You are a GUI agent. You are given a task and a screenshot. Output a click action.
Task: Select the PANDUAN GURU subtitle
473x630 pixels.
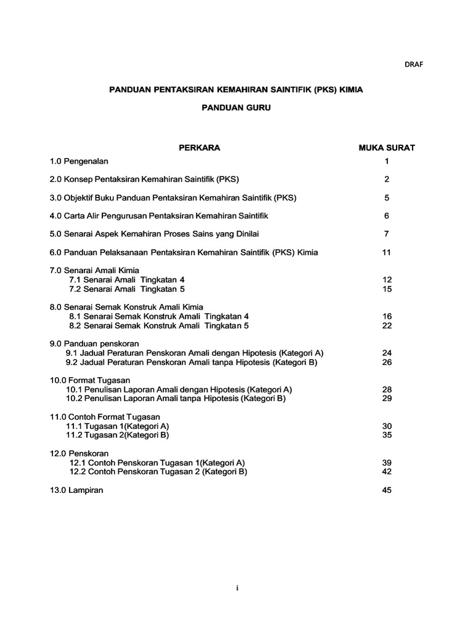tap(236, 108)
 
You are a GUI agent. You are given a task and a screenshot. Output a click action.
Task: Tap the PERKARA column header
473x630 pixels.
tap(200, 148)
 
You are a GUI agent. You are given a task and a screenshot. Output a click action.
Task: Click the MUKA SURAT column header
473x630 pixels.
tap(387, 148)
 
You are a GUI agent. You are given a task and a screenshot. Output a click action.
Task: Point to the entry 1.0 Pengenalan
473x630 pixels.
tap(79, 161)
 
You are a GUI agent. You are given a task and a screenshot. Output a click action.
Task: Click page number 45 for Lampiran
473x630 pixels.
tap(387, 490)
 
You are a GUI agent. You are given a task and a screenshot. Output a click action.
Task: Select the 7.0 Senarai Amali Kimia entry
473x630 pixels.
tap(94, 270)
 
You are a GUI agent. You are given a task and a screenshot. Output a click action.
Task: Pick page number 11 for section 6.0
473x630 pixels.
tap(387, 252)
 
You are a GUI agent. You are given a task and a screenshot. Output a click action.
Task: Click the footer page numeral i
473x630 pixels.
tap(236, 588)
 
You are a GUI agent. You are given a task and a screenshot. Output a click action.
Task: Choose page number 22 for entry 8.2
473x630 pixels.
tap(387, 325)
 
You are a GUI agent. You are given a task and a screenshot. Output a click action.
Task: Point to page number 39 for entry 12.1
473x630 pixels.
tap(387, 463)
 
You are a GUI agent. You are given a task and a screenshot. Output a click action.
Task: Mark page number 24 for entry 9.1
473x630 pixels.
tap(387, 353)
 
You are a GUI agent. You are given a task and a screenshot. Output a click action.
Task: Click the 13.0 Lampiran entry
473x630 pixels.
tap(77, 490)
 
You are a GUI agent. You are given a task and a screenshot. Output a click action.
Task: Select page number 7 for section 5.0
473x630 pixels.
tap(387, 234)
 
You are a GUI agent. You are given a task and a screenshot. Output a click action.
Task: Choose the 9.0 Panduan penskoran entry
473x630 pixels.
tap(94, 343)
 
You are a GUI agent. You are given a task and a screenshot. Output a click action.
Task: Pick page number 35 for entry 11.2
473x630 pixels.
tap(387, 435)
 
